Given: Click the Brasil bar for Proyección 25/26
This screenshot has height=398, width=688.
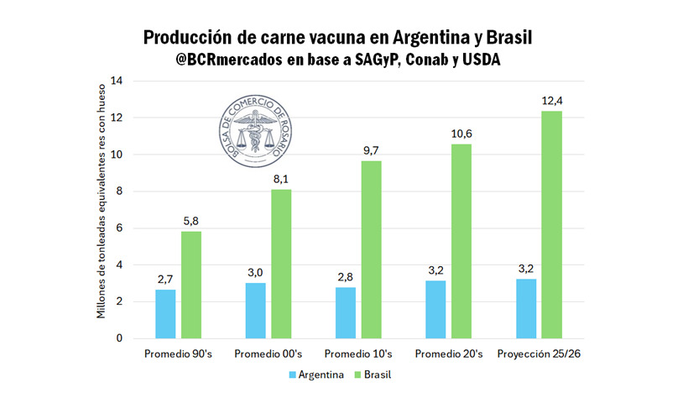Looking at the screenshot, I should pos(551,224).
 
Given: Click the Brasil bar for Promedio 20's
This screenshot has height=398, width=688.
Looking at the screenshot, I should pos(461,241).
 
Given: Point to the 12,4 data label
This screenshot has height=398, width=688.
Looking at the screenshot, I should pos(551,102).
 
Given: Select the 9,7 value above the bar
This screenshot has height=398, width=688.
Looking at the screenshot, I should pos(372,151).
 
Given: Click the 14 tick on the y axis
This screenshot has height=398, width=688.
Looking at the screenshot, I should pos(117,81).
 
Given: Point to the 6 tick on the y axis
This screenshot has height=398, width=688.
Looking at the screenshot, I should pos(119,228).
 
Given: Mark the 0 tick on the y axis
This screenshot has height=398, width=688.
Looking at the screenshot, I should pos(119,338).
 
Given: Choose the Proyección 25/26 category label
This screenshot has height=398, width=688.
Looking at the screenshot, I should pos(539,353).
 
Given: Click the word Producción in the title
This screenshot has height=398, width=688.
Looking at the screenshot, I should pos(190,38).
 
